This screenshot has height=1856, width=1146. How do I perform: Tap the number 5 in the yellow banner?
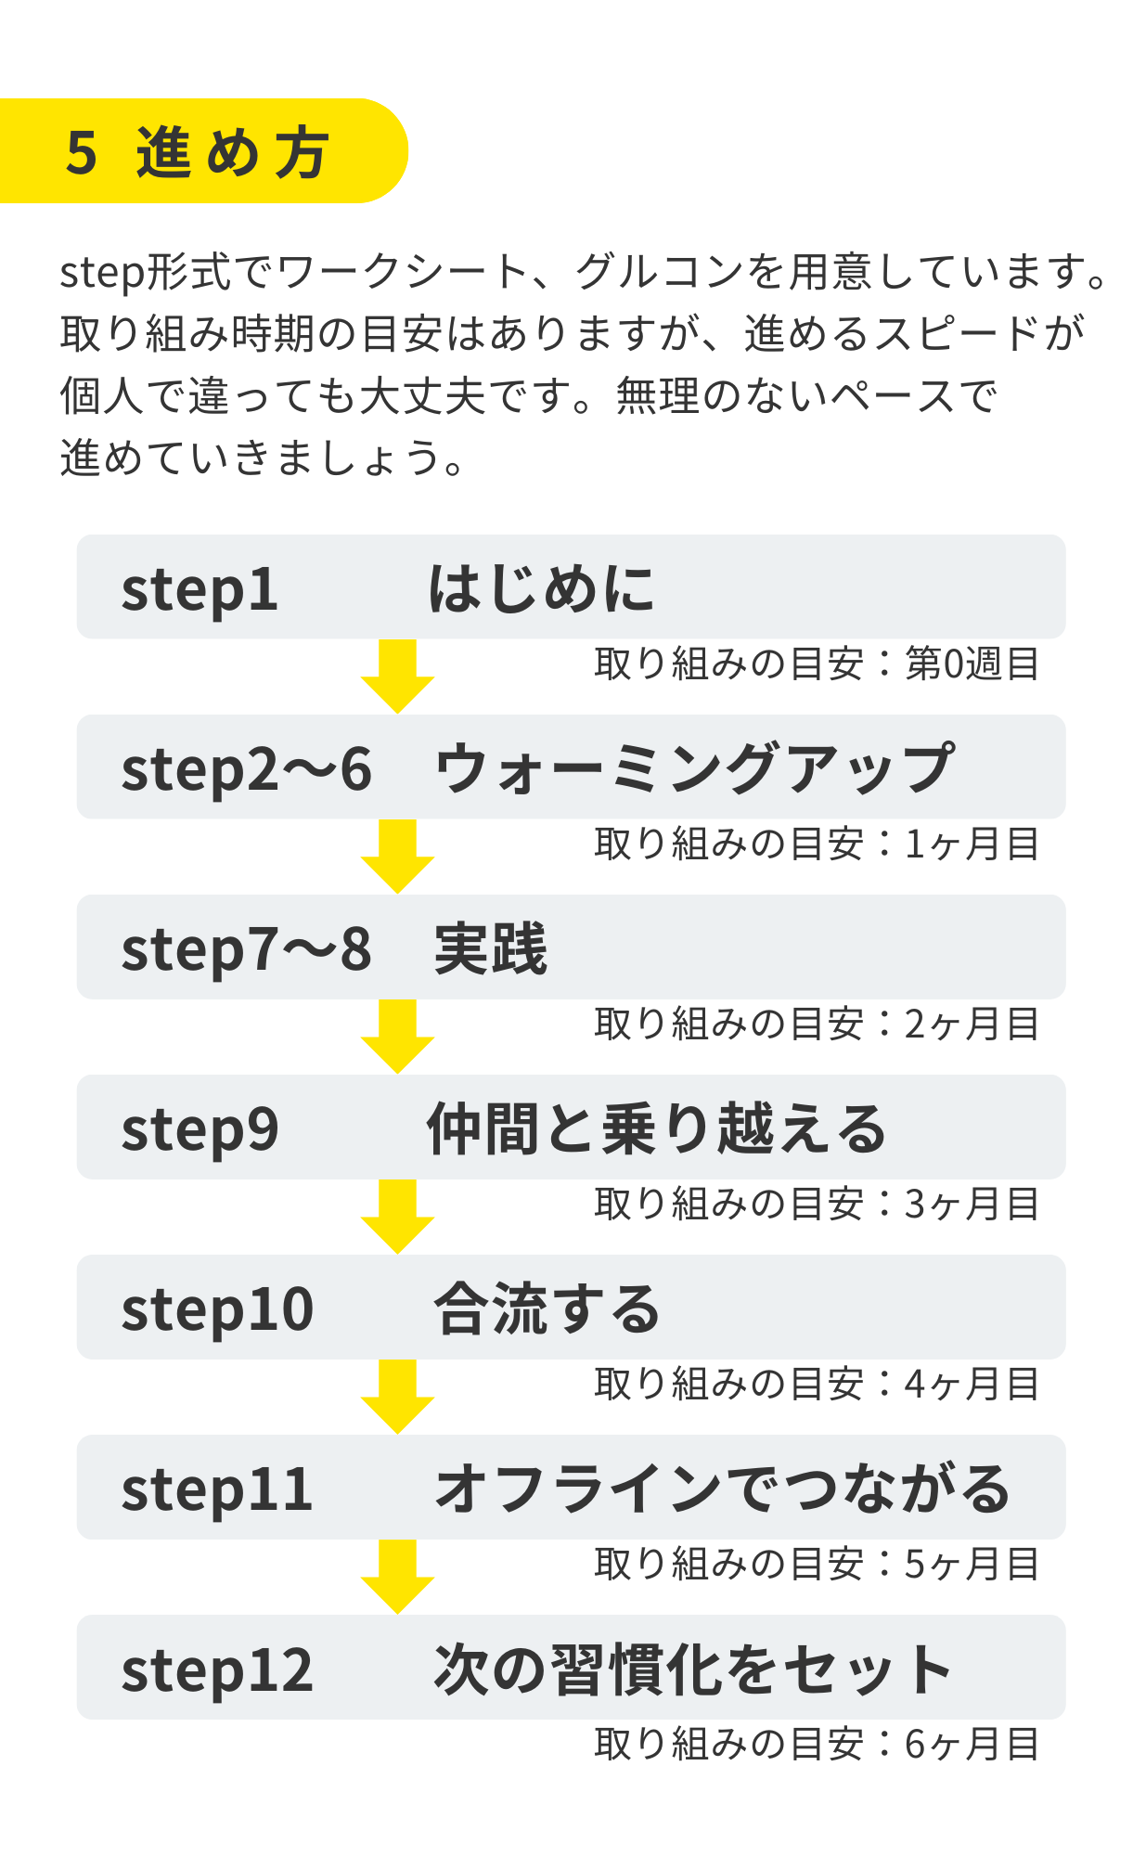(x=82, y=152)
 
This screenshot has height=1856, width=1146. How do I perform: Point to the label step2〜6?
(x=246, y=769)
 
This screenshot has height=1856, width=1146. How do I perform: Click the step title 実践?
(x=491, y=948)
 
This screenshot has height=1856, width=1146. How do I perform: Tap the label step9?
(x=200, y=1129)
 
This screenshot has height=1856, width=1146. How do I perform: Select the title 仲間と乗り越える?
(x=656, y=1128)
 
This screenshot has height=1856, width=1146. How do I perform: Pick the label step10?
(x=217, y=1309)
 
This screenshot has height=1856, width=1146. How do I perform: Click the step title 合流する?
(x=547, y=1308)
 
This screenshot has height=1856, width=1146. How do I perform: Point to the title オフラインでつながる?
(x=722, y=1489)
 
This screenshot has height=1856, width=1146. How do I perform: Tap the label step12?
(x=217, y=1669)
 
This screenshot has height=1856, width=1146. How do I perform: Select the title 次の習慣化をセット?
(x=692, y=1669)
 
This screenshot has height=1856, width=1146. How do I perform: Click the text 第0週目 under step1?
(x=972, y=664)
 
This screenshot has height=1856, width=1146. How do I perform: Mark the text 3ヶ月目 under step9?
(x=972, y=1205)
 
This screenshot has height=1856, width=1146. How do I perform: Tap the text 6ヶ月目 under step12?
(x=972, y=1745)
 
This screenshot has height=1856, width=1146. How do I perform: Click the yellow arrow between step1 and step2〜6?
(x=397, y=676)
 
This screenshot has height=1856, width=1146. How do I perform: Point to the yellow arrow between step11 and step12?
(x=397, y=1576)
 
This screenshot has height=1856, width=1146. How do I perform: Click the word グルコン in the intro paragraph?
(x=658, y=272)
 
